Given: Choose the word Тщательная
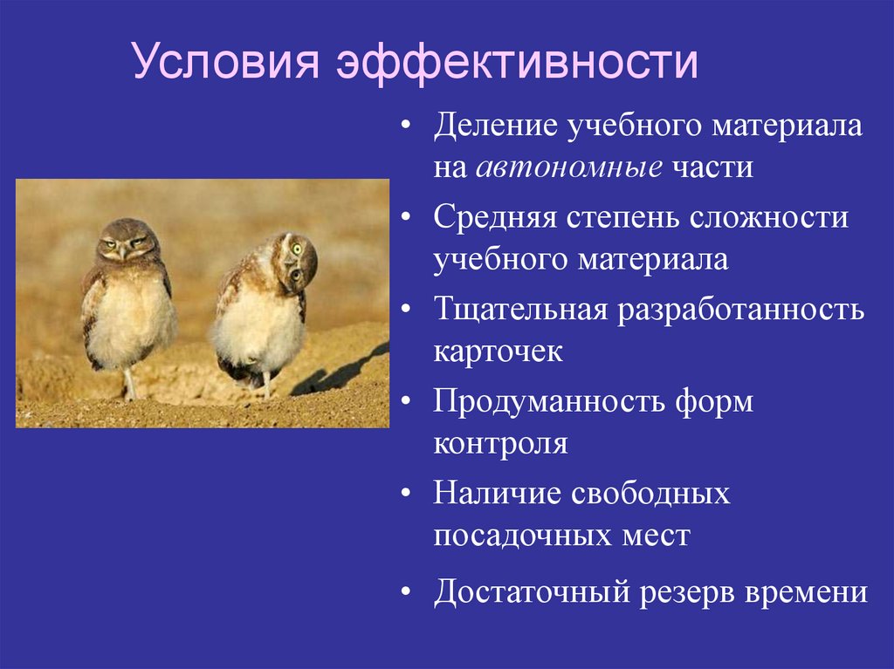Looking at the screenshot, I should pyautogui.click(x=520, y=310).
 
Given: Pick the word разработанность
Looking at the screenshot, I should pyautogui.click(x=742, y=310).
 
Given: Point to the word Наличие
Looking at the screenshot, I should pyautogui.click(x=496, y=494).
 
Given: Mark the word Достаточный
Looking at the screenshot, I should pyautogui.click(x=533, y=593).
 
